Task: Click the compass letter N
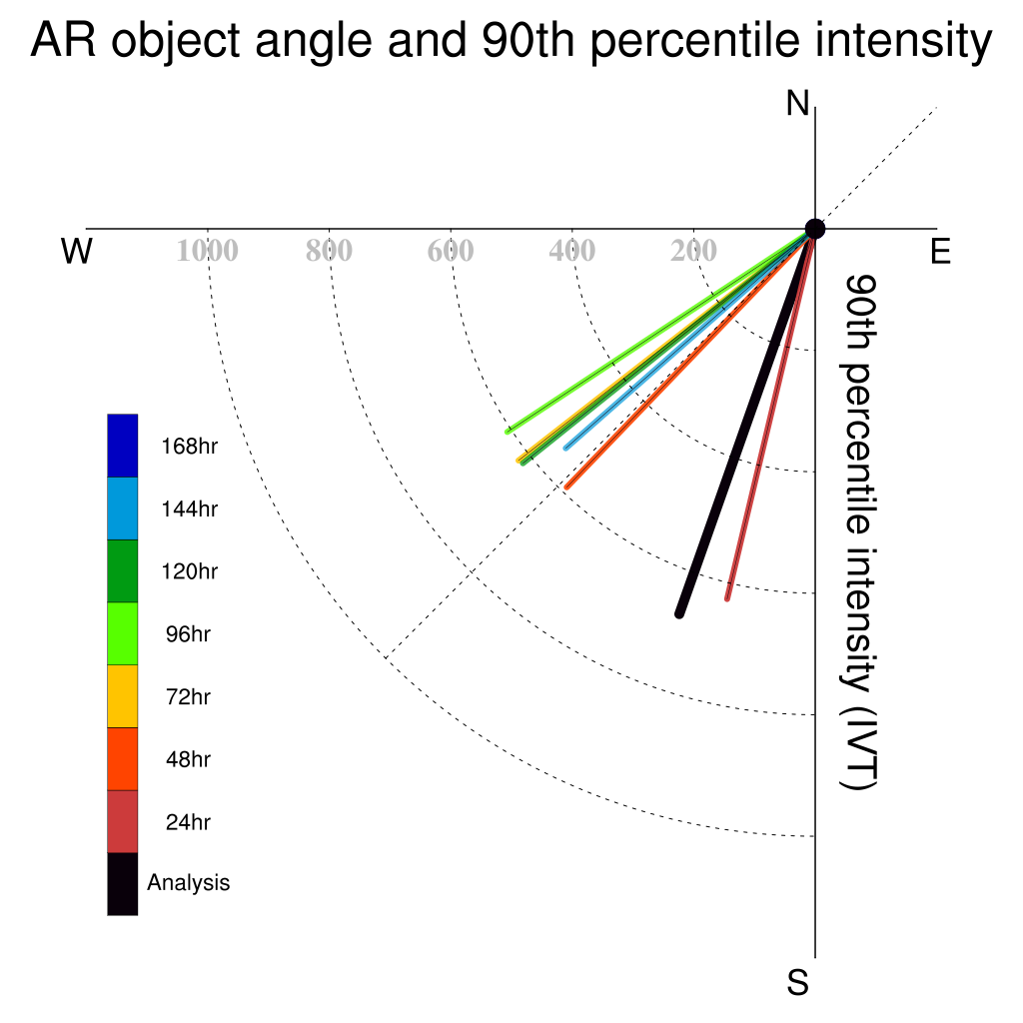(x=797, y=103)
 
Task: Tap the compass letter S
(x=797, y=982)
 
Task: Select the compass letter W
(x=76, y=251)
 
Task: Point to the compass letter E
(x=940, y=251)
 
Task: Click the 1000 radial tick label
(x=208, y=251)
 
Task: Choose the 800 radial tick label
(x=329, y=251)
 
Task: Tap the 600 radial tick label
(x=451, y=251)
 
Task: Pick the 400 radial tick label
(x=572, y=251)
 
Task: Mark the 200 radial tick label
(x=693, y=251)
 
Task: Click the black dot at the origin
(x=815, y=229)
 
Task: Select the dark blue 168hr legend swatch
(x=123, y=446)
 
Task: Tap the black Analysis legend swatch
(x=123, y=884)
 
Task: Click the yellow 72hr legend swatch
(x=123, y=696)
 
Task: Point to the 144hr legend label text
(x=189, y=509)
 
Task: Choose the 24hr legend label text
(x=188, y=822)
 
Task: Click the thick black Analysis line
(x=747, y=422)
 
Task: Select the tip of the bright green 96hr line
(x=508, y=432)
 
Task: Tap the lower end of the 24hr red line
(x=727, y=598)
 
